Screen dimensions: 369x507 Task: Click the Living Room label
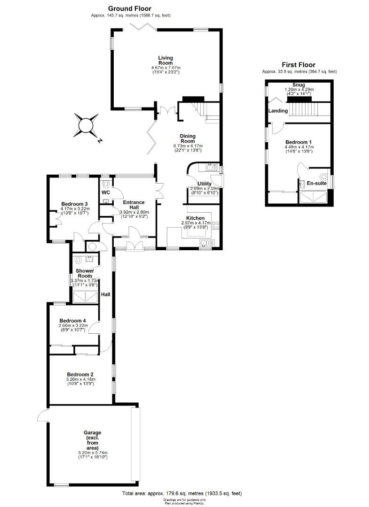pyautogui.click(x=165, y=61)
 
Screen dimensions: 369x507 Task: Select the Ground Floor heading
pyautogui.click(x=129, y=9)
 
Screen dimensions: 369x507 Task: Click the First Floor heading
pyautogui.click(x=298, y=65)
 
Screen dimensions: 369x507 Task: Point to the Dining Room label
pyautogui.click(x=188, y=138)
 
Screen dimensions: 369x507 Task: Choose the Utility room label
pyautogui.click(x=204, y=184)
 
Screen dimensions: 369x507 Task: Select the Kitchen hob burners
pyautogui.click(x=216, y=225)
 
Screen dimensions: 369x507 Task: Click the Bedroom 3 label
pyautogui.click(x=74, y=204)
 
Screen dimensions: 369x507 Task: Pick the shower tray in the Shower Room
pyautogui.click(x=85, y=297)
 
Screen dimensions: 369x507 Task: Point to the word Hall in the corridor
pyautogui.click(x=105, y=294)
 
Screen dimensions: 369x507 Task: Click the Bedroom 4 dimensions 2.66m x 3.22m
pyautogui.click(x=73, y=326)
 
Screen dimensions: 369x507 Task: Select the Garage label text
pyautogui.click(x=93, y=440)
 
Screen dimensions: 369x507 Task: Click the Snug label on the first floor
pyautogui.click(x=298, y=85)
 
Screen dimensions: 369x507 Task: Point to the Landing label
pyautogui.click(x=278, y=111)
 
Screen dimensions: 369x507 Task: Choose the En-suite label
pyautogui.click(x=316, y=184)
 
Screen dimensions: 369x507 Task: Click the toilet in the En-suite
pyautogui.click(x=324, y=177)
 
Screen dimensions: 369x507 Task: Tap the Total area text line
pyautogui.click(x=182, y=493)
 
